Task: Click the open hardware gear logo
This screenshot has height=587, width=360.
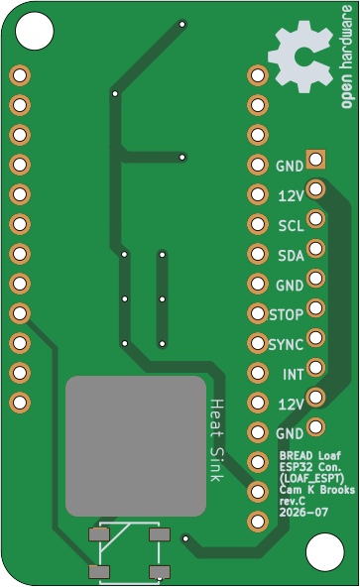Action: click(300, 57)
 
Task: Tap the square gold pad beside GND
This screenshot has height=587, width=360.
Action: click(315, 160)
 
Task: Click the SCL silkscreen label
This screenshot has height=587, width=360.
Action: click(291, 226)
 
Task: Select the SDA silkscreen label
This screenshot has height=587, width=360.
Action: click(291, 256)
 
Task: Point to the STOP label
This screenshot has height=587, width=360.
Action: click(287, 315)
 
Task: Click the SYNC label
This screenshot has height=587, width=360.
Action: click(286, 345)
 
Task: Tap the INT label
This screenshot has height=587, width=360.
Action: click(294, 375)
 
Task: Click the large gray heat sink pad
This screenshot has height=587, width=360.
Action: click(136, 446)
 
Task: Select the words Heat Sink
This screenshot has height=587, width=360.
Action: click(216, 440)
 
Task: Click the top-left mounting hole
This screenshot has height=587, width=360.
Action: click(35, 31)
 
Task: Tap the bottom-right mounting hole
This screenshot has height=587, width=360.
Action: click(324, 552)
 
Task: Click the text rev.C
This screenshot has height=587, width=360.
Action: click(293, 501)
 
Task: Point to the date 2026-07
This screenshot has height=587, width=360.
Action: click(303, 512)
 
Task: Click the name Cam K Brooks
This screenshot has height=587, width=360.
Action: click(317, 490)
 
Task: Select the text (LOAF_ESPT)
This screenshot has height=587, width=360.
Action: click(311, 479)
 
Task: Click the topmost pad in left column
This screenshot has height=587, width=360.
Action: click(20, 75)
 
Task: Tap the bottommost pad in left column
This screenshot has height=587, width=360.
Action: click(20, 403)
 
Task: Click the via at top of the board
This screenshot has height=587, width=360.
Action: click(182, 25)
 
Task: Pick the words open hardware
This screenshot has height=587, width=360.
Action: click(346, 57)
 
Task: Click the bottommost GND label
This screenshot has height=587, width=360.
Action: click(290, 434)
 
